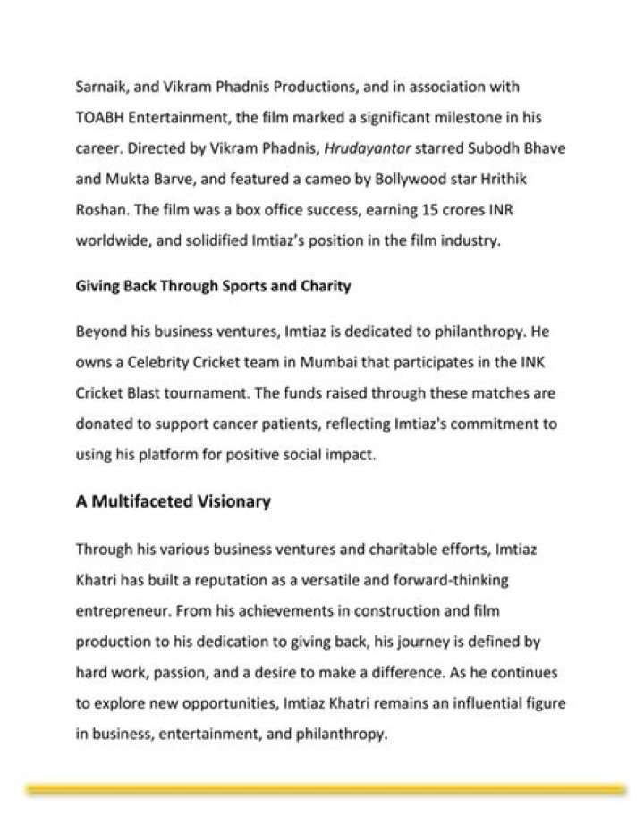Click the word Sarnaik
click(101, 88)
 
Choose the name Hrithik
click(501, 179)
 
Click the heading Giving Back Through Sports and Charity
click(213, 287)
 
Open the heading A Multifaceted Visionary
click(173, 501)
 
